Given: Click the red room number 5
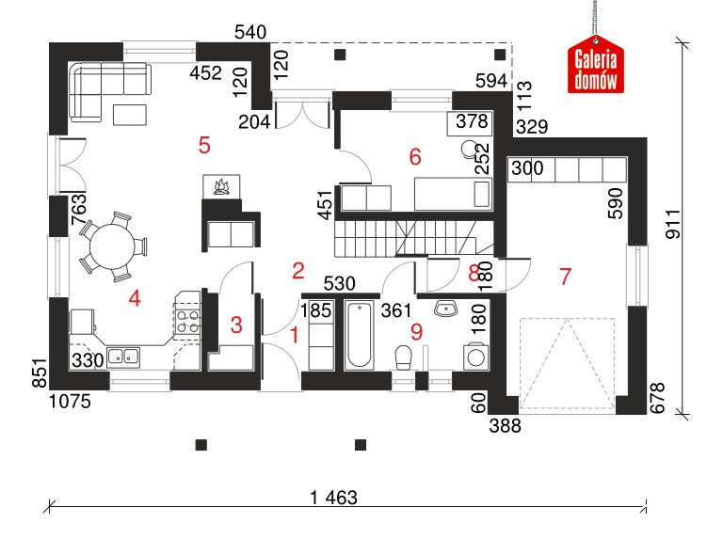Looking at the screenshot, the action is point(204,146).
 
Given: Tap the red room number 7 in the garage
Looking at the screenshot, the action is point(565,277).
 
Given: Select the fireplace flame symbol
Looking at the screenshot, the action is point(222,187).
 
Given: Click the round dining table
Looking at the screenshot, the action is point(112,246).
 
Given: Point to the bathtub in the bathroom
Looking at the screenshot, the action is point(360,335).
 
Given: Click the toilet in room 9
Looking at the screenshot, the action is point(404,358).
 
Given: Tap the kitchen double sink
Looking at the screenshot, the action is point(123,357).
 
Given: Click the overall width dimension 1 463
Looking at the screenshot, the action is point(334,498).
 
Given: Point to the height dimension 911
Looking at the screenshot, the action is point(673,224).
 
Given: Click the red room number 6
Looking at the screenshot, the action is point(415,157).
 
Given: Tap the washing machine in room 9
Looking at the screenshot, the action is point(475,357).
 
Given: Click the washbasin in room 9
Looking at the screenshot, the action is point(445,308).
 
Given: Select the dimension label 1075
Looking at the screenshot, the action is point(70,402).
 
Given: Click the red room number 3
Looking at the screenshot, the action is point(236,325).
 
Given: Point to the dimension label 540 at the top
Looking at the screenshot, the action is point(250,32).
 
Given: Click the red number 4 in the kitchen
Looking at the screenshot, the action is point(135,298).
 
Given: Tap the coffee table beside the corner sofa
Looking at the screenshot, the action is point(130,115).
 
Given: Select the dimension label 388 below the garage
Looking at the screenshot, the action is point(506,426).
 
